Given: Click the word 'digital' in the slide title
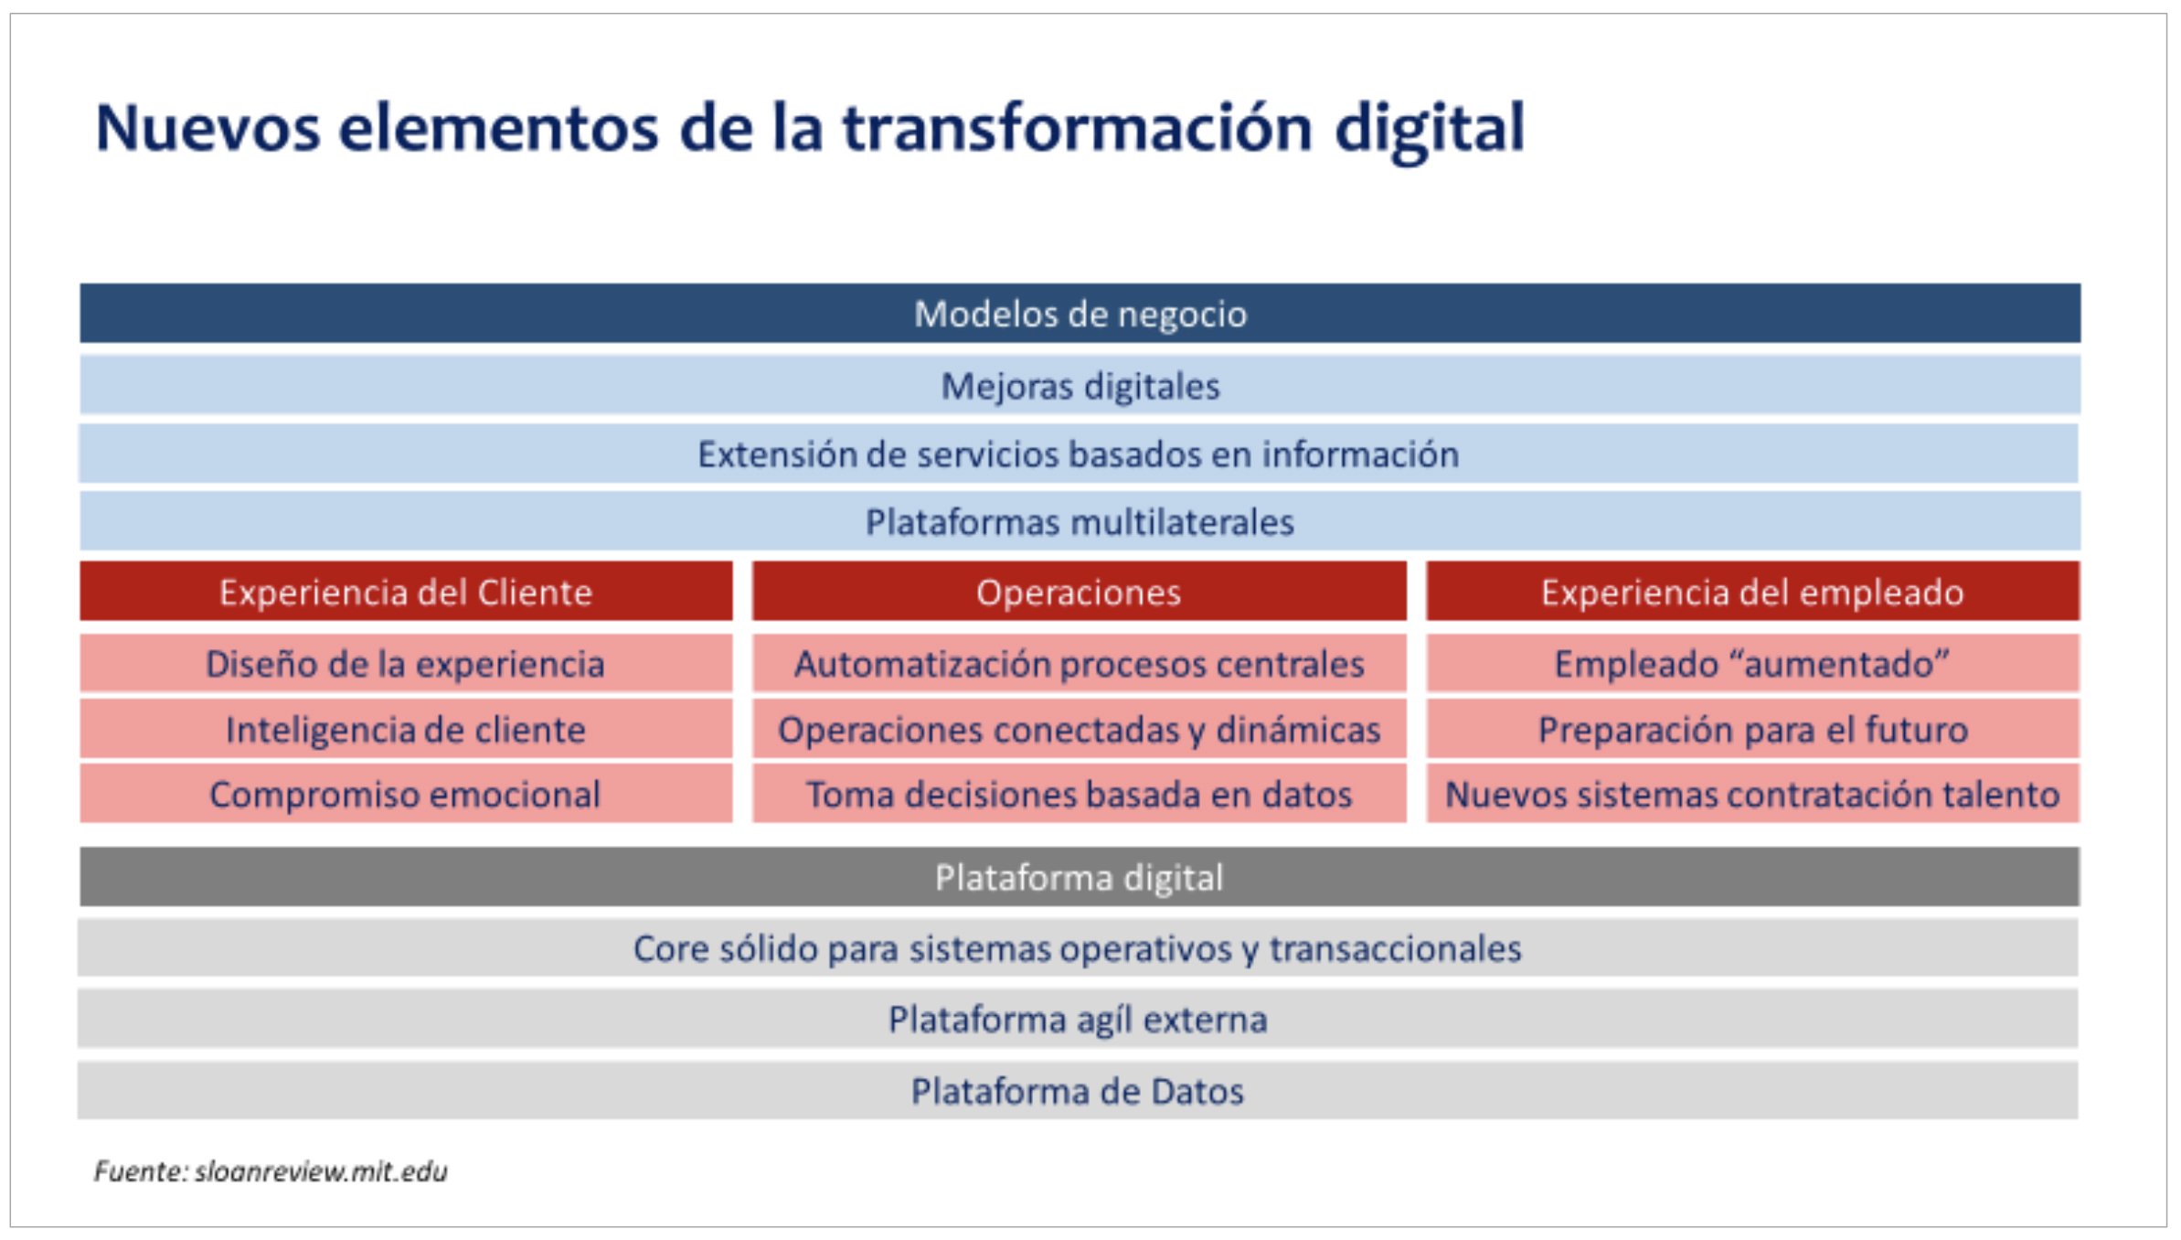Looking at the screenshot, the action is pos(1430,130).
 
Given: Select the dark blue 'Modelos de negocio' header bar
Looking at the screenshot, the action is pos(1080,314).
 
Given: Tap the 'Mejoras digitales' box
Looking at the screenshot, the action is pos(1080,385).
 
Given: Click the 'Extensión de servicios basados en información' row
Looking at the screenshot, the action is pos(1079,454).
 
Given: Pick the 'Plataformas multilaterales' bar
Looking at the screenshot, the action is pos(1080,521).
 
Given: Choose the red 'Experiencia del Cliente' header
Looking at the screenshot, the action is pos(406,592).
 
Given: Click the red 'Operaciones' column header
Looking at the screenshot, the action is pos(1079,592).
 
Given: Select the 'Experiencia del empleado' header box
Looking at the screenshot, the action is pos(1752,592).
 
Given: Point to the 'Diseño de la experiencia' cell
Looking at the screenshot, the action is pos(406,663).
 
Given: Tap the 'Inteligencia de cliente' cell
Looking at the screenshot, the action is pos(406,729).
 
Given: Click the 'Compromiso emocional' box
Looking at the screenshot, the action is pos(406,794).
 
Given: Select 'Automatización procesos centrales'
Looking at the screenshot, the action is pos(1079,663).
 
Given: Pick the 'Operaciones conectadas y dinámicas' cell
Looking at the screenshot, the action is pos(1079,729).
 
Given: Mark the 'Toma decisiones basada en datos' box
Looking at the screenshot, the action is pos(1079,794).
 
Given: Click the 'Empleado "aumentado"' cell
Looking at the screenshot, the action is pos(1752,663).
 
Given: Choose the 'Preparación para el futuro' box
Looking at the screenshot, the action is pos(1752,729).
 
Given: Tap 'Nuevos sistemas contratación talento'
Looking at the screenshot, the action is pos(1752,794).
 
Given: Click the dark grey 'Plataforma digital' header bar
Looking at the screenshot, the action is pos(1079,877).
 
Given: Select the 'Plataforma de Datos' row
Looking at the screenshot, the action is pos(1078,1090).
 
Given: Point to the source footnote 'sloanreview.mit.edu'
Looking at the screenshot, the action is pos(321,1171).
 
